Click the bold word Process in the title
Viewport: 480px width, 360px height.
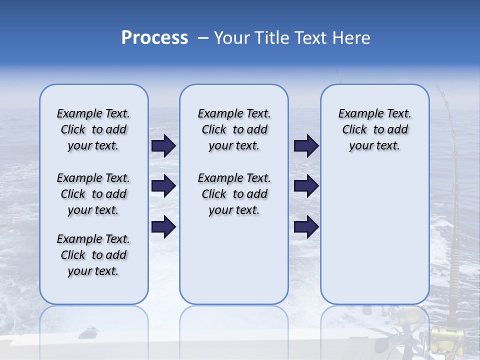(154, 38)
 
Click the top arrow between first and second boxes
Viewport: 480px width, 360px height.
(163, 146)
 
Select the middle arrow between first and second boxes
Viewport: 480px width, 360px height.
(163, 186)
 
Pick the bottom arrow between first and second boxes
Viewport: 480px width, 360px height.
(163, 227)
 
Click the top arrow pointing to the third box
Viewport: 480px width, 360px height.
(306, 146)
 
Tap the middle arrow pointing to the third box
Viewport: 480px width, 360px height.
(306, 186)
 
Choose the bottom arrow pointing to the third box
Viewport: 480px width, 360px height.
(306, 227)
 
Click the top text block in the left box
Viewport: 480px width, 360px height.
(93, 129)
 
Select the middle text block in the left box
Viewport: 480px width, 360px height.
(93, 194)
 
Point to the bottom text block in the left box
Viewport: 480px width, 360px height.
(93, 255)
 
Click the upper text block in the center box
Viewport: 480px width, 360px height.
(234, 129)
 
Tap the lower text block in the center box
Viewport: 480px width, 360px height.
(234, 194)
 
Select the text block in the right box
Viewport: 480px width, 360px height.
(374, 129)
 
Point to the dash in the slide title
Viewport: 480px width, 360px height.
(203, 38)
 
